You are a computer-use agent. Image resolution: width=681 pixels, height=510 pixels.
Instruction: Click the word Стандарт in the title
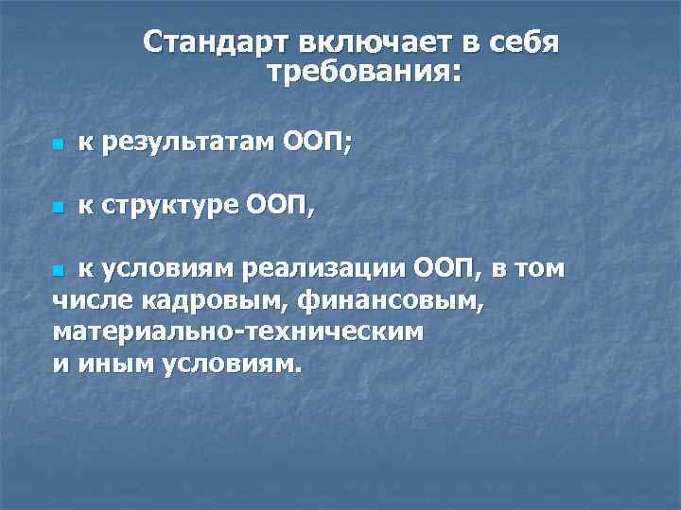click(215, 43)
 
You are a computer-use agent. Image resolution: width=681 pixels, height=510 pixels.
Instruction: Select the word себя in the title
click(524, 43)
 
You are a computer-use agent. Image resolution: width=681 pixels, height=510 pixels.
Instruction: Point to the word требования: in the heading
click(364, 73)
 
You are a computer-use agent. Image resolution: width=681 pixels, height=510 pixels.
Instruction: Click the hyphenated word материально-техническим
click(238, 332)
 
